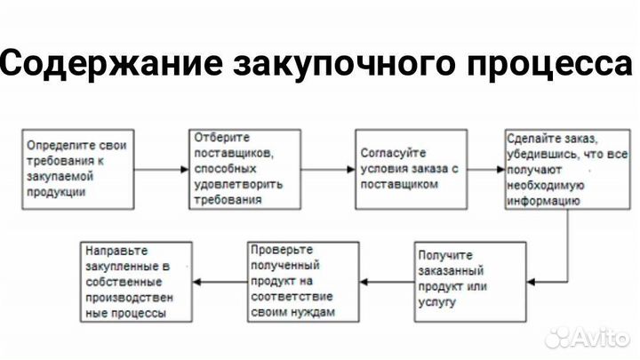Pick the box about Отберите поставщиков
coord(238,169)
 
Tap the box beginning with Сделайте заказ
coord(555,169)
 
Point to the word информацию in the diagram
coord(542,202)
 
